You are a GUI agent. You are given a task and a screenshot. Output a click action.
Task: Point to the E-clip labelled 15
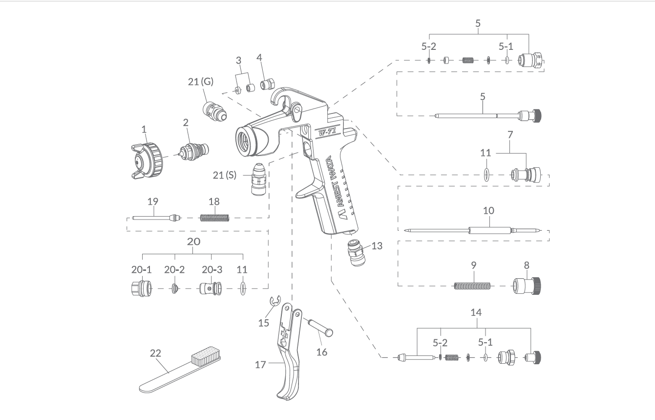click(275, 301)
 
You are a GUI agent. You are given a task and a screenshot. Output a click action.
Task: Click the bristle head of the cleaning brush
click(206, 355)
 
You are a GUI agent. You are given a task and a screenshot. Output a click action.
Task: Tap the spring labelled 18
click(214, 218)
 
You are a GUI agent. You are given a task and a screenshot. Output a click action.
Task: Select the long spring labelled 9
click(472, 286)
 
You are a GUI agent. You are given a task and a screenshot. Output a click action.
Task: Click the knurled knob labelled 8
click(527, 286)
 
